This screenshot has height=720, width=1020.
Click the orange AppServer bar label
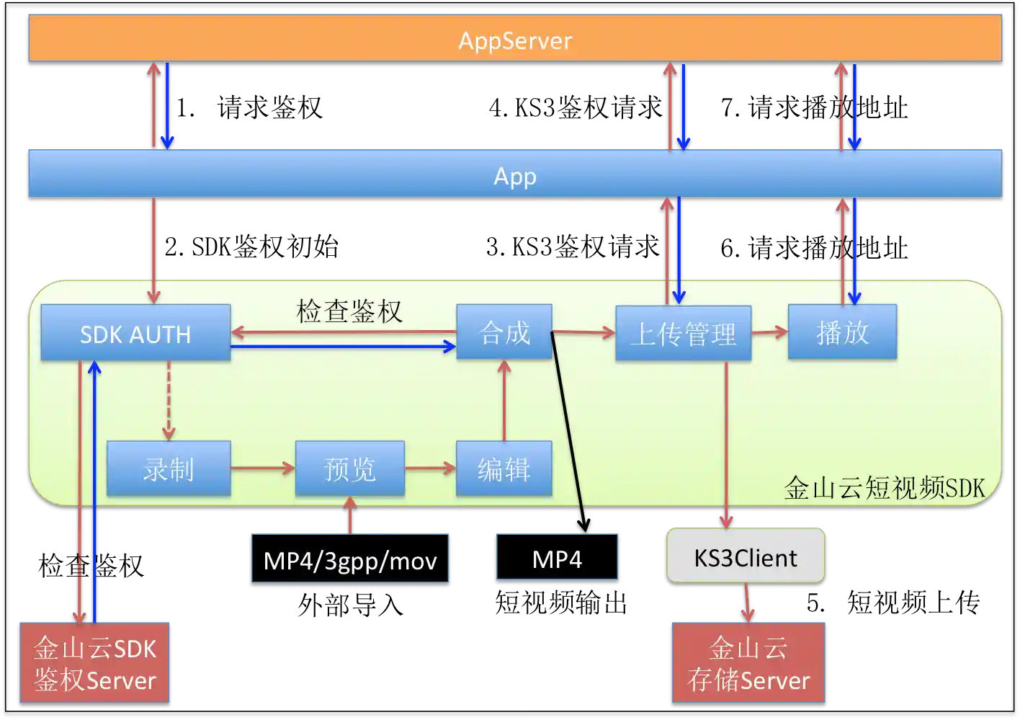pos(515,40)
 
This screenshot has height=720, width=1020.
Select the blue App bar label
pos(515,176)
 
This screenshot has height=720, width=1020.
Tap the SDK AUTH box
pos(135,334)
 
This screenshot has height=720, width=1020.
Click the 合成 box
pos(504,332)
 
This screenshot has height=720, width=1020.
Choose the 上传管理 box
pos(683,334)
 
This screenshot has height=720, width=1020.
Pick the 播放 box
pos(842,332)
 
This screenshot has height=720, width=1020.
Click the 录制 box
pos(169,469)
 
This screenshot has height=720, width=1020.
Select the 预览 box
pos(350,469)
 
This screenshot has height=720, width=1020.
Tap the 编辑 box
pos(504,469)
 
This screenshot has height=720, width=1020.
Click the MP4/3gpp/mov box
pos(350,559)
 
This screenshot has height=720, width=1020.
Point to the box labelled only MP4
pos(557,559)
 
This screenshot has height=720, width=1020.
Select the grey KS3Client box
pos(746,557)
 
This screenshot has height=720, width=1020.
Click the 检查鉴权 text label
pos(349,311)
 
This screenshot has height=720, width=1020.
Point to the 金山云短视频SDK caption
pos(884,488)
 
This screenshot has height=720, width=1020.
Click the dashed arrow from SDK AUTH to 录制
pos(169,400)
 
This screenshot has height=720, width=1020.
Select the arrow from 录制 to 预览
pos(263,468)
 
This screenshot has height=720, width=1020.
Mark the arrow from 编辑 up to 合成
pos(504,400)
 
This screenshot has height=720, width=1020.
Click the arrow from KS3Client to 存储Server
pos(747,602)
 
